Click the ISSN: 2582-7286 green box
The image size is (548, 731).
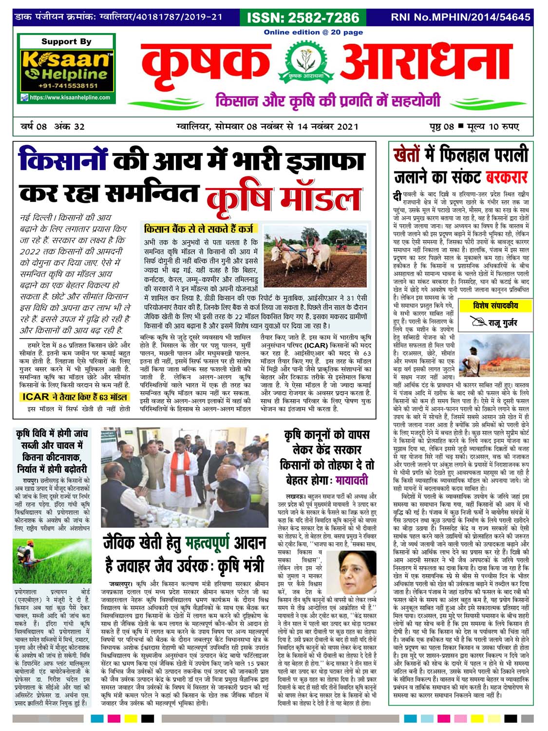click(303, 18)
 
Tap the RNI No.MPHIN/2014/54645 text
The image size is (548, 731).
click(460, 18)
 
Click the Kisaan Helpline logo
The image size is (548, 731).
click(66, 67)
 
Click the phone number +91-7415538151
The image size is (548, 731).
click(67, 86)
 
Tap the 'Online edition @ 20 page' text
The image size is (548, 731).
click(313, 32)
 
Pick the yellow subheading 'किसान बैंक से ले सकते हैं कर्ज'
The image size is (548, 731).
click(199, 228)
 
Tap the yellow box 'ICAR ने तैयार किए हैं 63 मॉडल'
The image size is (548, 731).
click(75, 397)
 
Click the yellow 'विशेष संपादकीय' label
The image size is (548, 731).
click(495, 306)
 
